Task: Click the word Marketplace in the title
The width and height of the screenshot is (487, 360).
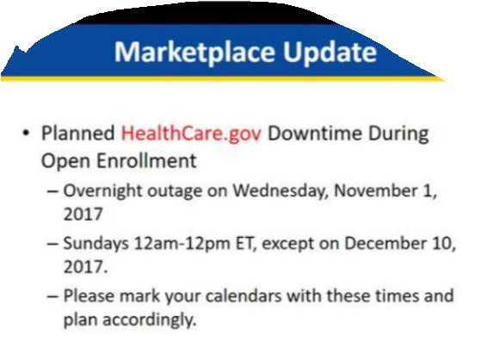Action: pos(194,53)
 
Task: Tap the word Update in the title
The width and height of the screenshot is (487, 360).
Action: pos(330,53)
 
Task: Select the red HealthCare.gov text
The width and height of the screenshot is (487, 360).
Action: pos(191,133)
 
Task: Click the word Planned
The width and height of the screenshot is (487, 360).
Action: pos(77,133)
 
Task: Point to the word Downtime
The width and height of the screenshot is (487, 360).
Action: pos(315,133)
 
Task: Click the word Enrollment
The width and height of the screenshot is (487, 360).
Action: pos(146,161)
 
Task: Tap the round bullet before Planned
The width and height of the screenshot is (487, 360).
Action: pos(26,133)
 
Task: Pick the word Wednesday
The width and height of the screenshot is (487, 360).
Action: pos(280,190)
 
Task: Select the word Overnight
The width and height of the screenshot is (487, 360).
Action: pos(102,191)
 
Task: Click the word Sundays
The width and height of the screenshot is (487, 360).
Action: pos(96,244)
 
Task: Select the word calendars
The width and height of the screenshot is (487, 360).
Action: pos(243,296)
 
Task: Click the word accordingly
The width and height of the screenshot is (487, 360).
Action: pos(150,320)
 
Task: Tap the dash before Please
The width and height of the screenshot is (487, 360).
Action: pos(52,296)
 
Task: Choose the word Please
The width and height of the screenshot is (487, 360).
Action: pos(89,296)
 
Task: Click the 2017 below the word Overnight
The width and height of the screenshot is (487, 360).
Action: pos(83,214)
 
